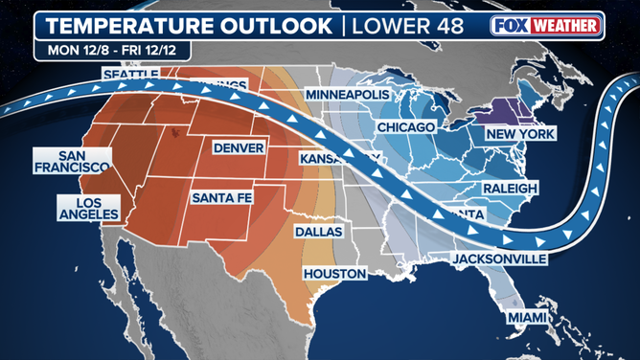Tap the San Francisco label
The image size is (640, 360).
[x=65, y=163]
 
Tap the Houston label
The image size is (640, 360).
[x=335, y=274]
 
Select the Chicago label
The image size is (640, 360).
[x=406, y=126]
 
